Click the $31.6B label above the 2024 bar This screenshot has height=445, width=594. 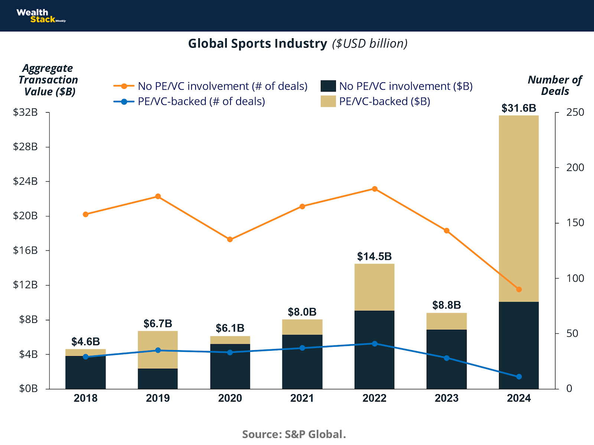click(519, 108)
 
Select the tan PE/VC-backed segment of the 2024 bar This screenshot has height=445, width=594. click(519, 208)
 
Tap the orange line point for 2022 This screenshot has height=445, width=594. click(375, 189)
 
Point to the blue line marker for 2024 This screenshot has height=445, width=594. click(519, 377)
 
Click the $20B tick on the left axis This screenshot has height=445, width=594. click(25, 216)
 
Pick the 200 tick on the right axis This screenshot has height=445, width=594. click(575, 168)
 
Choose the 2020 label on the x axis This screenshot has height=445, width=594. click(230, 398)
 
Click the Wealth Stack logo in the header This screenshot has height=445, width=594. click(40, 16)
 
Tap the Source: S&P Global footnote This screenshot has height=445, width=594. click(294, 434)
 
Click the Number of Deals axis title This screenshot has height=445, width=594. click(555, 85)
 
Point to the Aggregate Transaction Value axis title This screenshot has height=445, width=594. click(48, 80)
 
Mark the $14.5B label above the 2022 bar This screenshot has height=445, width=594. click(374, 256)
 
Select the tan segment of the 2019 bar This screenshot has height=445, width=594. click(158, 349)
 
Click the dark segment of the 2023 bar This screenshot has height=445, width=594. click(447, 359)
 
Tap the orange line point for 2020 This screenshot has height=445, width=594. click(230, 240)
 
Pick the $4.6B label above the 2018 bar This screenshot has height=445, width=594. click(85, 342)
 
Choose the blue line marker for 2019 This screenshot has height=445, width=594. click(158, 350)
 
